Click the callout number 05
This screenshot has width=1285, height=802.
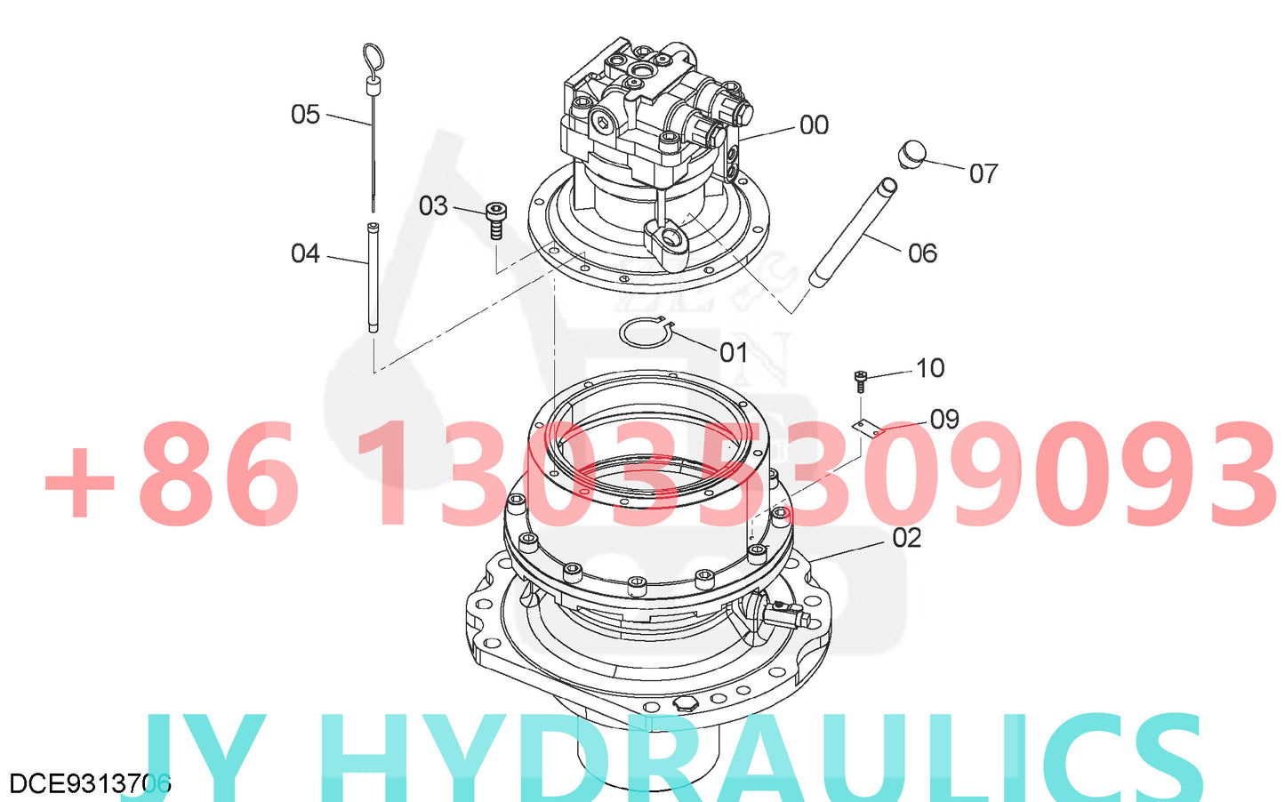pos(305,115)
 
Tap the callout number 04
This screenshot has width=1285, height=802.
pos(305,254)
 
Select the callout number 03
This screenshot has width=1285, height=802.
pos(433,206)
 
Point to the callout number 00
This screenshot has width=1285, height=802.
pos(814,125)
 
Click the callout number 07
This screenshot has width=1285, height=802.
pos(984,173)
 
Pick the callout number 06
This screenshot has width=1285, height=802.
pos(922,253)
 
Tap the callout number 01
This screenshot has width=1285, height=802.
pos(734,353)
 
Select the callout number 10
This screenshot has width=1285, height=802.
pos(930,368)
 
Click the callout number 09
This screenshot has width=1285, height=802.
pos(944,419)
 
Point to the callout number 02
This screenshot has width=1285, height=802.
pos(907,538)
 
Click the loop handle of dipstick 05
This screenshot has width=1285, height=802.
pos(373,60)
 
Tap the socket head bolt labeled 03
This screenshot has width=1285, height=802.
pos(496,220)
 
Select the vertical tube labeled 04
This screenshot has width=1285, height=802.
pos(373,277)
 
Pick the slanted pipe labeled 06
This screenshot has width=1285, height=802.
pos(853,233)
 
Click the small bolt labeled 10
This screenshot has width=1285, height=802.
pos(860,381)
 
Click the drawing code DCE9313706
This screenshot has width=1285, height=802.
pos(89,783)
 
